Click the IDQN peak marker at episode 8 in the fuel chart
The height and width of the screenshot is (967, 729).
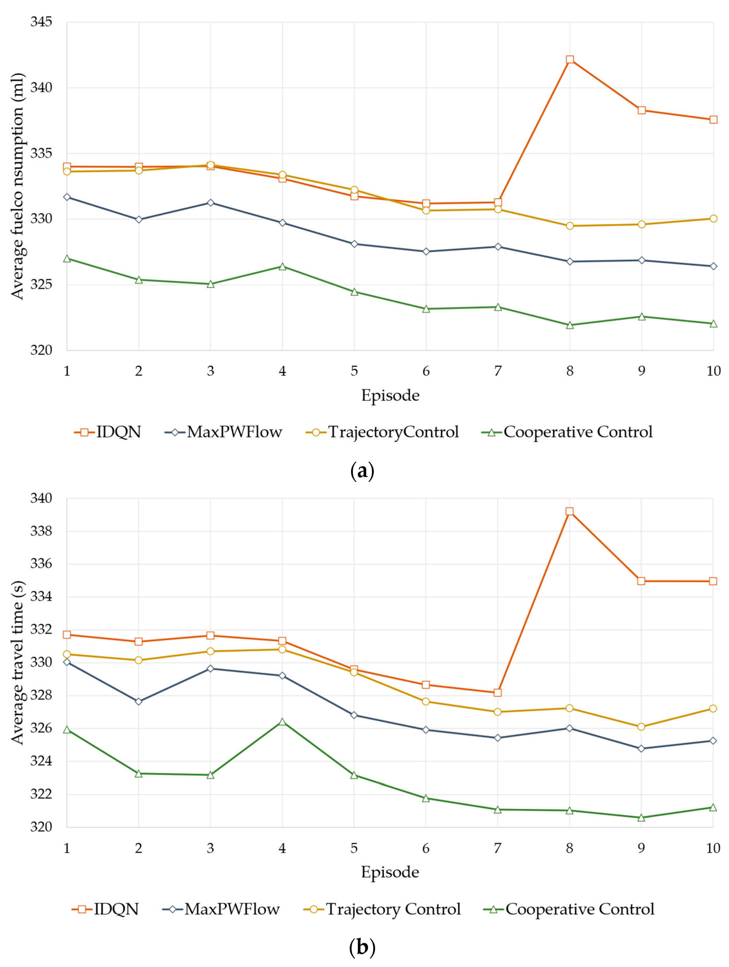570,60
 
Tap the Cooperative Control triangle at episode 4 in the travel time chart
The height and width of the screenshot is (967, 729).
282,722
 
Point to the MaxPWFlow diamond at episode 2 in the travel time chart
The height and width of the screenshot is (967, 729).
139,701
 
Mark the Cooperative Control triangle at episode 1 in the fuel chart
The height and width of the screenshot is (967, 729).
67,259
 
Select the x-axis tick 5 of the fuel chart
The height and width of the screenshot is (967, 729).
354,371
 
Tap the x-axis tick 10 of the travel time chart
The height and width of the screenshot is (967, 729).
713,848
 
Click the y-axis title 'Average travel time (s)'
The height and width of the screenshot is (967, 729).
17,663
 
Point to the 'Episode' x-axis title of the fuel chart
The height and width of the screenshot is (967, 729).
390,395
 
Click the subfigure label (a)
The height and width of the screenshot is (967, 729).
362,471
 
